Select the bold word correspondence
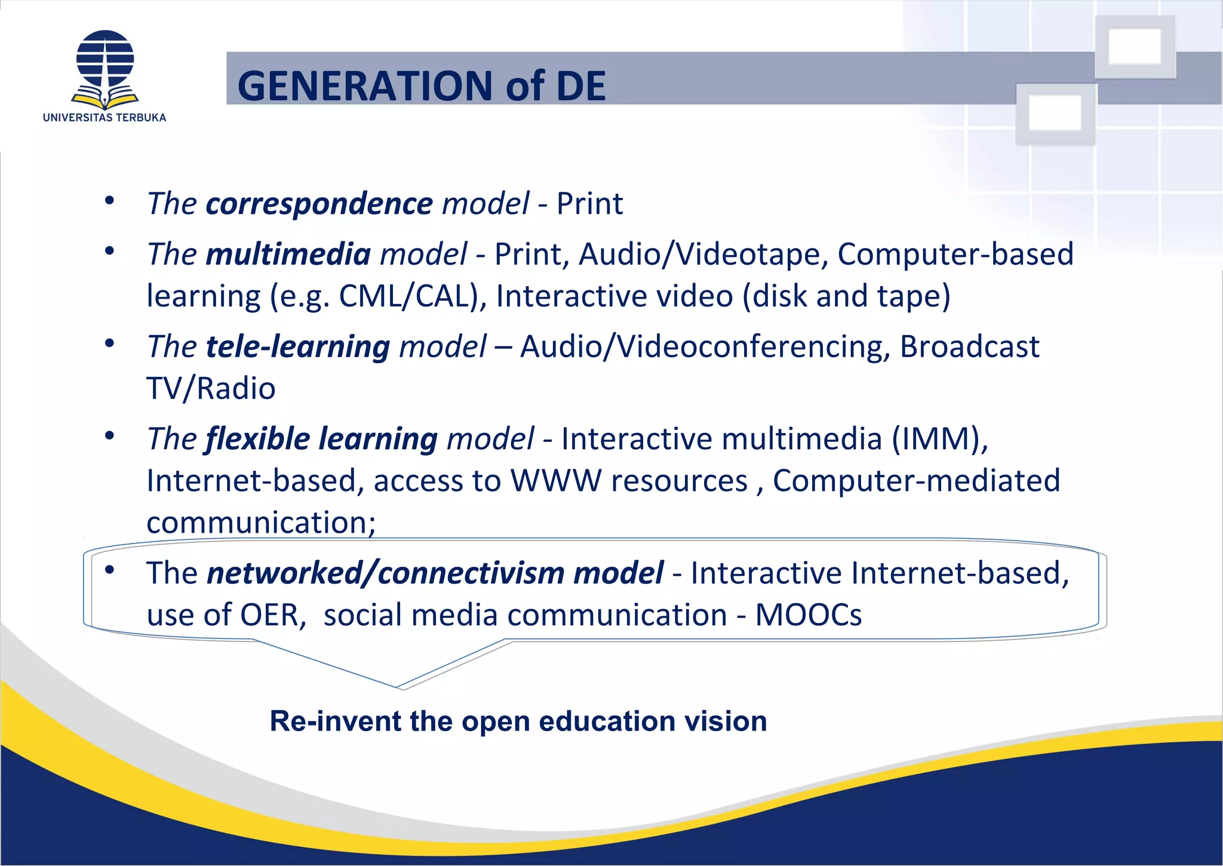point(319,204)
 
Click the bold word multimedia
point(288,254)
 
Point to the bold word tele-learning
point(297,346)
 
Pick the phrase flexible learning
point(321,439)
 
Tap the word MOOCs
point(809,615)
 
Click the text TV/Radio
point(211,389)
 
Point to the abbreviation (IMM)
point(940,439)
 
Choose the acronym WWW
point(555,481)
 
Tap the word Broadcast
point(969,346)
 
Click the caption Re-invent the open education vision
point(518,721)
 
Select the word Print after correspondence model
point(589,204)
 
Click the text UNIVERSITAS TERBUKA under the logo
point(105,118)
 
